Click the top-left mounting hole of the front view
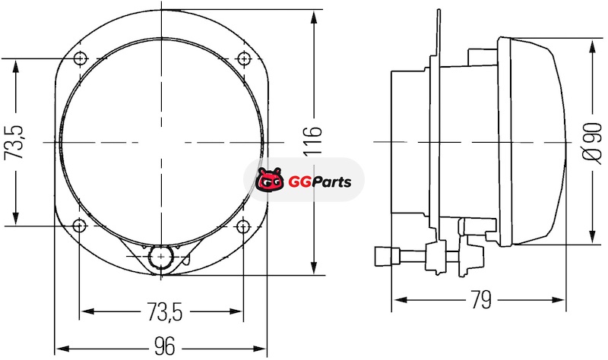click(81, 58)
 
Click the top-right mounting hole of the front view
click(243, 58)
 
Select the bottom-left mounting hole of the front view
click(80, 225)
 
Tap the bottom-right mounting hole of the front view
click(243, 226)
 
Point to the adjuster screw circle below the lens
click(160, 256)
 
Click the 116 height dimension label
click(312, 141)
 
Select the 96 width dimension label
click(165, 346)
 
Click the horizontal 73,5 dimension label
click(164, 312)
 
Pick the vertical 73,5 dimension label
click(14, 142)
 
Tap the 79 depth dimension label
click(481, 299)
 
